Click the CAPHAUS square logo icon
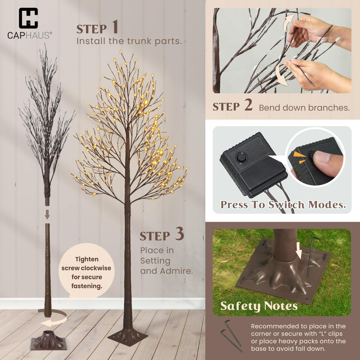[28, 18]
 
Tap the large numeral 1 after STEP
[115, 27]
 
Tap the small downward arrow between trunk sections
[47, 214]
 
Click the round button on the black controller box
[241, 157]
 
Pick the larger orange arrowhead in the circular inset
[299, 154]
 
